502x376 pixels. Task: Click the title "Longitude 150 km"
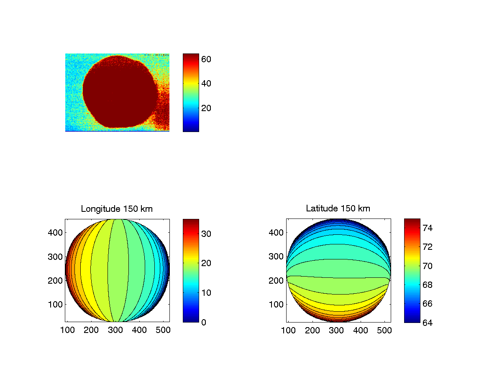(x=117, y=208)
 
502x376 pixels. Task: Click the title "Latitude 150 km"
(x=338, y=208)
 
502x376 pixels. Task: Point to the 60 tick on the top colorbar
(x=206, y=59)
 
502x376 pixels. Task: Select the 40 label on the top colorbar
(x=206, y=84)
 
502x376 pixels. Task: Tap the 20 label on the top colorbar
(x=206, y=108)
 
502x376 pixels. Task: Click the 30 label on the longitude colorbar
(x=206, y=234)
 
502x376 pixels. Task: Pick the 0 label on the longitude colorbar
(x=204, y=322)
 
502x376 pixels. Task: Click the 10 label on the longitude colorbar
(x=206, y=292)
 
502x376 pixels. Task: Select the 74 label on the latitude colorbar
(x=428, y=228)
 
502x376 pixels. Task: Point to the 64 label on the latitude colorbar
(x=428, y=323)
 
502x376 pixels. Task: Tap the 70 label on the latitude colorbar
(x=428, y=266)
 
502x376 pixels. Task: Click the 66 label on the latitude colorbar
(x=428, y=304)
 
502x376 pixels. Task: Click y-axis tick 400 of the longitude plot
(x=56, y=232)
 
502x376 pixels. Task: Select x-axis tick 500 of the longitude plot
(x=163, y=330)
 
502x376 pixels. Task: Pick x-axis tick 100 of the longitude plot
(x=68, y=330)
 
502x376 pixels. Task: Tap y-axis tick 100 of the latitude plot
(x=277, y=304)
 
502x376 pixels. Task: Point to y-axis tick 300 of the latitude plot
(x=277, y=257)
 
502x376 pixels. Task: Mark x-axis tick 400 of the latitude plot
(x=361, y=330)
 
